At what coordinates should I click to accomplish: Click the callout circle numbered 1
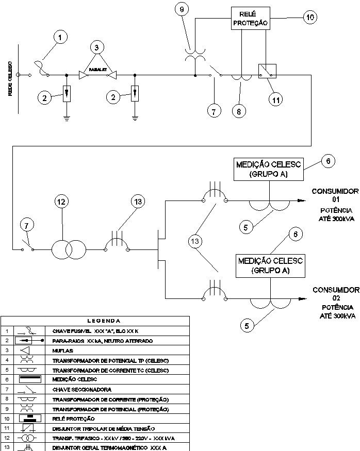click(61, 37)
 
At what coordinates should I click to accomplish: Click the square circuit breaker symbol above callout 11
click(267, 72)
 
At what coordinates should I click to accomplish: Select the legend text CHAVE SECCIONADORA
click(82, 390)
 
